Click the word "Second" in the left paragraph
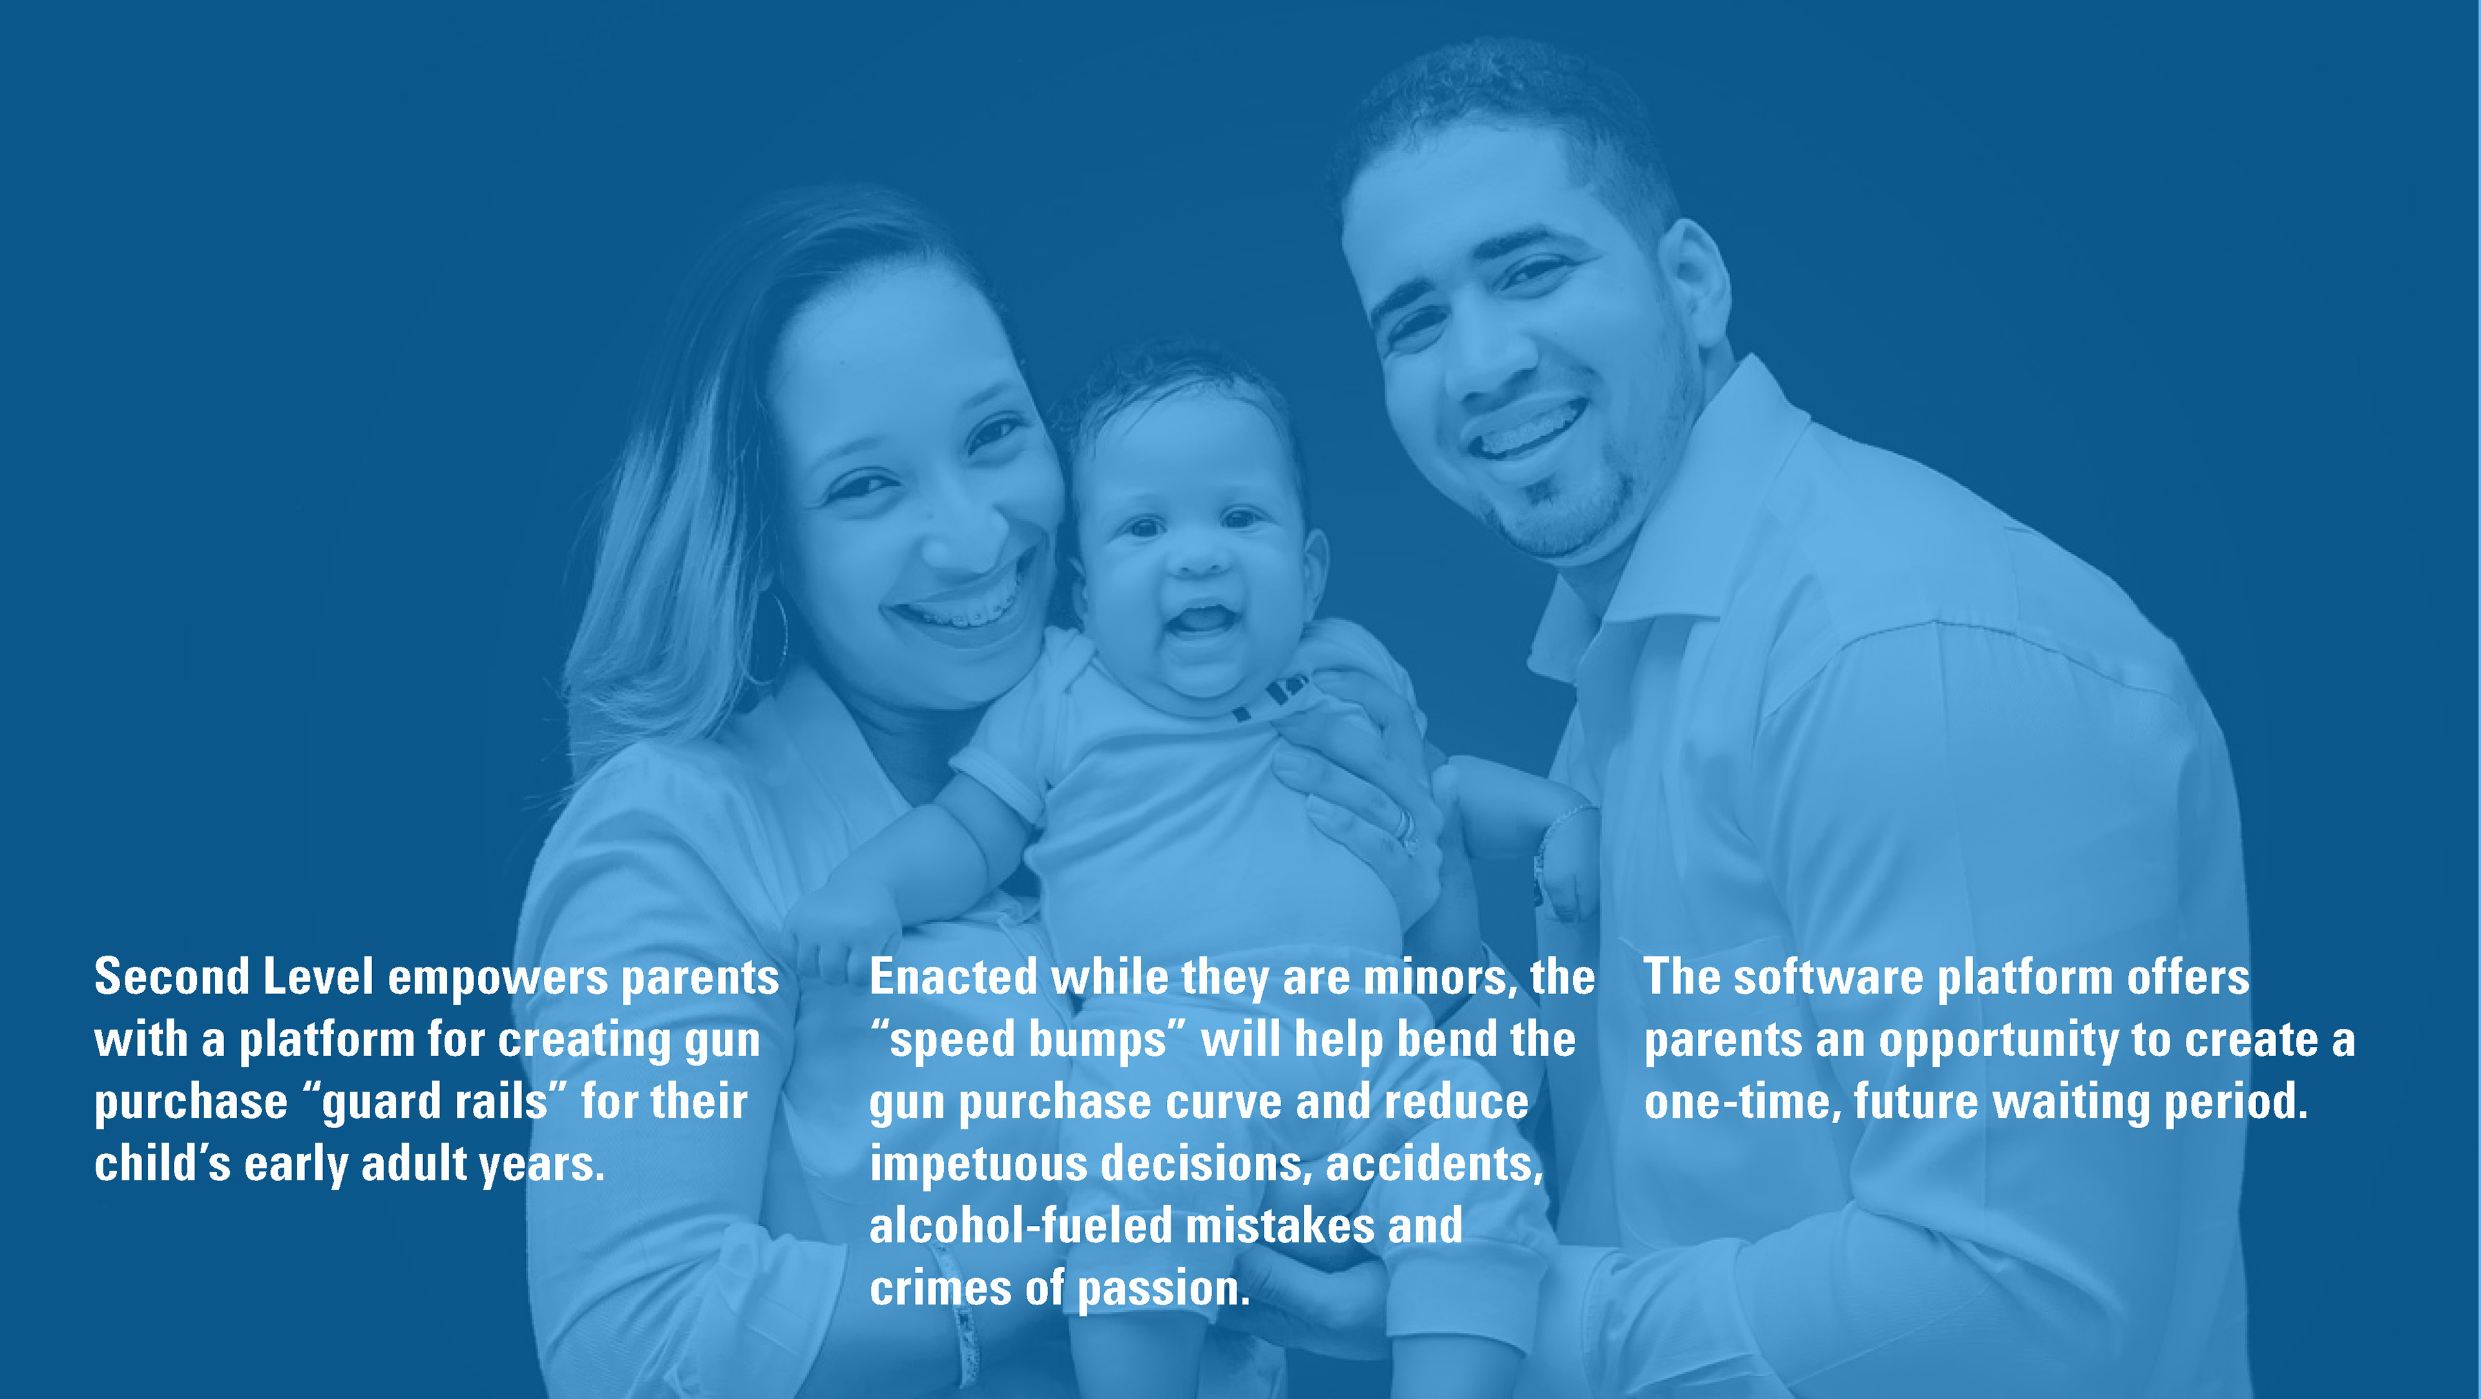[171, 977]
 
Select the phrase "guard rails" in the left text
[434, 1103]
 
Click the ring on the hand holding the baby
[1403, 826]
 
